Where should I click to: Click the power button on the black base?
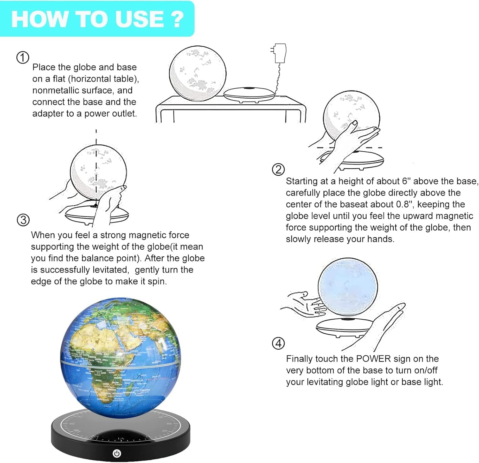tap(117, 453)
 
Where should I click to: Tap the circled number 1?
tap(23, 57)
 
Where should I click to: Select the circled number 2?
tap(278, 169)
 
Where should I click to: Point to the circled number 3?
tap(23, 220)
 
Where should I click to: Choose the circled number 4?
tap(278, 344)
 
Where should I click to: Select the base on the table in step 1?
tap(249, 94)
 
